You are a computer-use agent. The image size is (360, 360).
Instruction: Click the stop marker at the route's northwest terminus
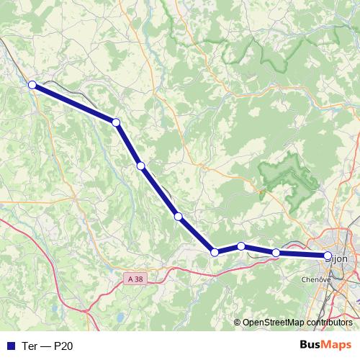click(x=32, y=86)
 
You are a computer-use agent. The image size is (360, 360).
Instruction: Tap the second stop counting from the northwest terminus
click(x=116, y=122)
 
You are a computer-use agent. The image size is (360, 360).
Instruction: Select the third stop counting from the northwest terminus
click(x=141, y=166)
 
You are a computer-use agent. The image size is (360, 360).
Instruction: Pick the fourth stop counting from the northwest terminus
click(x=178, y=216)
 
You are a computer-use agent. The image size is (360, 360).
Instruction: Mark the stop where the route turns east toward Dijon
click(x=214, y=252)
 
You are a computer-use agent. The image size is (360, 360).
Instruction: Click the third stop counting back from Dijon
click(x=241, y=246)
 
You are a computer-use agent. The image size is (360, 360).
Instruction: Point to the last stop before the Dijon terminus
click(x=276, y=253)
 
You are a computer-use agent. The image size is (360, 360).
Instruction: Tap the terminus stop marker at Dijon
click(x=328, y=256)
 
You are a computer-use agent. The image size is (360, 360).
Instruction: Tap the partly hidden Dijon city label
click(x=341, y=257)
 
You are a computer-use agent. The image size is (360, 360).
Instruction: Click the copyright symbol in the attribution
click(x=237, y=323)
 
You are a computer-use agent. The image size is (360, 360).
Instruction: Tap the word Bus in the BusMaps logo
click(x=312, y=346)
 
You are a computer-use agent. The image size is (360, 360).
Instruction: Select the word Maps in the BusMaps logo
click(x=337, y=346)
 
